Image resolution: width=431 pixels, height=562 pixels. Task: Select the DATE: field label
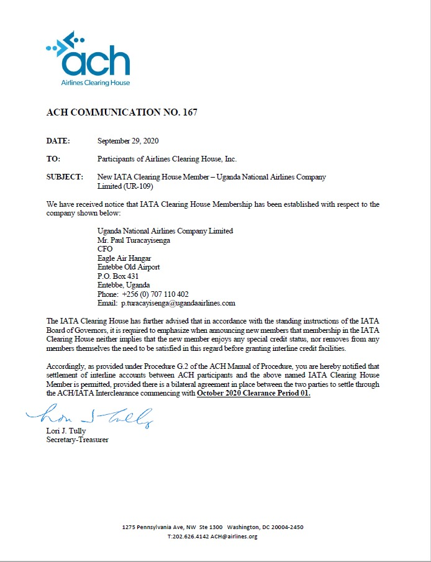[x=58, y=141]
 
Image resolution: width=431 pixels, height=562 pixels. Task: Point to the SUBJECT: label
[x=65, y=177]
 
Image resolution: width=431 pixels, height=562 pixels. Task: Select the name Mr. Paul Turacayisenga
[x=134, y=240]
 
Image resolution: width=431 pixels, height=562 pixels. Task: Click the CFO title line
[x=105, y=249]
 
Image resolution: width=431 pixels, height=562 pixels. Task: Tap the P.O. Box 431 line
[x=118, y=276]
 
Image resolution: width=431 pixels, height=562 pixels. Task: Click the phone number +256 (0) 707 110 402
[x=156, y=294]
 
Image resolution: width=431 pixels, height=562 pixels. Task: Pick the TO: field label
[x=53, y=159]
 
